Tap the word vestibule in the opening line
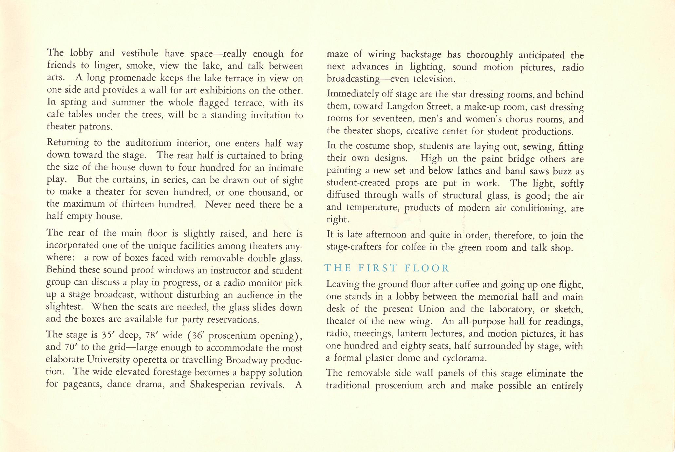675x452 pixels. [140, 53]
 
